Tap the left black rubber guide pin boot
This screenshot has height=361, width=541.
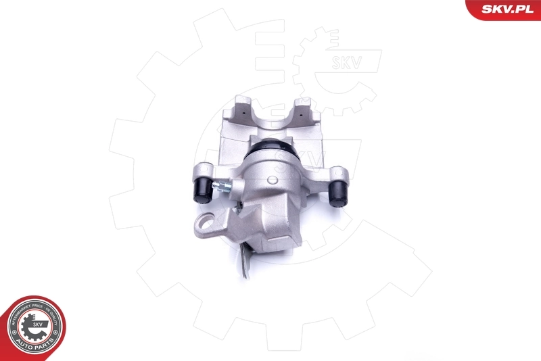point(202,190)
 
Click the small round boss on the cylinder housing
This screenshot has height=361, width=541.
point(272,180)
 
